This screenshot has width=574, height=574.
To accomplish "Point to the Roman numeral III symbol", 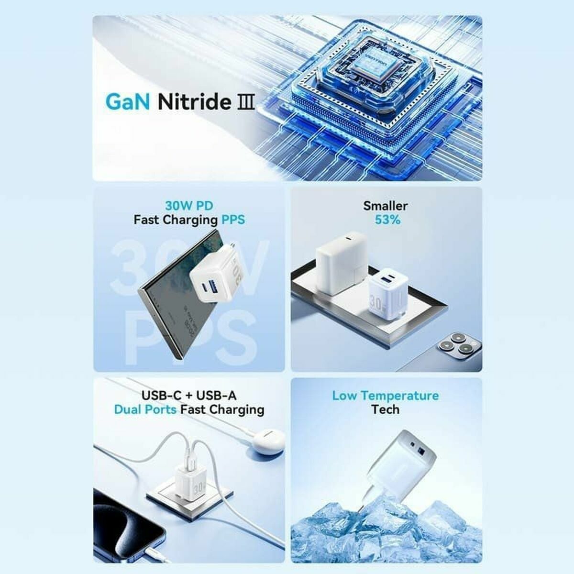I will coord(246,102).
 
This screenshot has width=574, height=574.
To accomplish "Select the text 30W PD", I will coord(189,206).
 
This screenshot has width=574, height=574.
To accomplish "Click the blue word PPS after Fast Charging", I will coord(233,220).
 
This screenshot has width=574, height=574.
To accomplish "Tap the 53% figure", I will coord(385,220).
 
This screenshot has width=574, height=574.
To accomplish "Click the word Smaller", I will coord(385,206).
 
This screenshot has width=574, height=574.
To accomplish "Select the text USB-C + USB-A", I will coord(189,396).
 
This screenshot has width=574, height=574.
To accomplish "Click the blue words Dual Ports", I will coord(144,409).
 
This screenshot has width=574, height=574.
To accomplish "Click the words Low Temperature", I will coord(385,396).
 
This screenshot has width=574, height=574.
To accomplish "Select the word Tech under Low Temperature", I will coord(385,409).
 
